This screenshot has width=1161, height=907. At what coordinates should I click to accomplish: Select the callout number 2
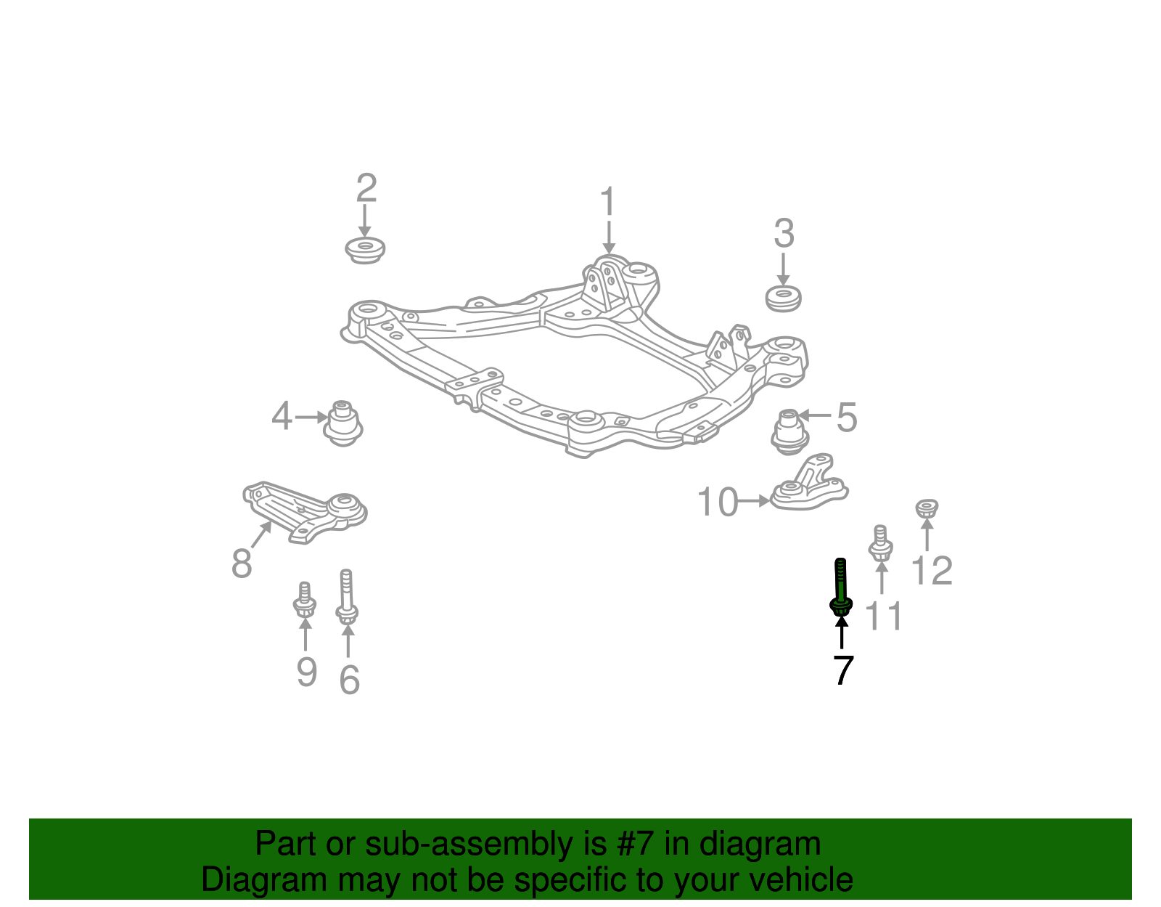366,188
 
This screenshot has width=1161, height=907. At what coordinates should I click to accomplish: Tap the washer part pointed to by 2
365,251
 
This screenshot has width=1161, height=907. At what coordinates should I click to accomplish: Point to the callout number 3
784,234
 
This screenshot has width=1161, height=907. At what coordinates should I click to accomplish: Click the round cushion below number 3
784,298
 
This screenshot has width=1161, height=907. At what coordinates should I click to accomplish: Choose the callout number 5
846,418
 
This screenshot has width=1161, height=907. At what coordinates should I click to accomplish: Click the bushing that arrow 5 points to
789,432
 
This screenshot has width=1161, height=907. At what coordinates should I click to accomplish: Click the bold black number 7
842,670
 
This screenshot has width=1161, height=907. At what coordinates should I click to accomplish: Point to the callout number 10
717,502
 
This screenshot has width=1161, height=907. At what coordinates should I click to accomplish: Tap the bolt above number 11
880,544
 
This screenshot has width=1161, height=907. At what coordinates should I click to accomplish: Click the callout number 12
931,571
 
